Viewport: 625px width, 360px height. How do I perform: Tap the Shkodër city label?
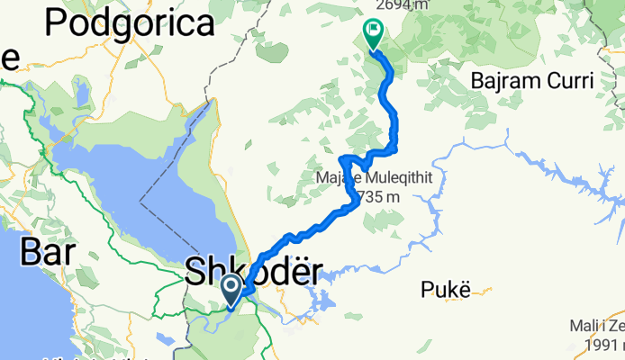(251, 272)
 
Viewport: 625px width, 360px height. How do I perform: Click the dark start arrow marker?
(231, 289)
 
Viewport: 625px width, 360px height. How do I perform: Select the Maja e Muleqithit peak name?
(375, 178)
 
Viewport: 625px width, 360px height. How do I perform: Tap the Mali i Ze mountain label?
(597, 325)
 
